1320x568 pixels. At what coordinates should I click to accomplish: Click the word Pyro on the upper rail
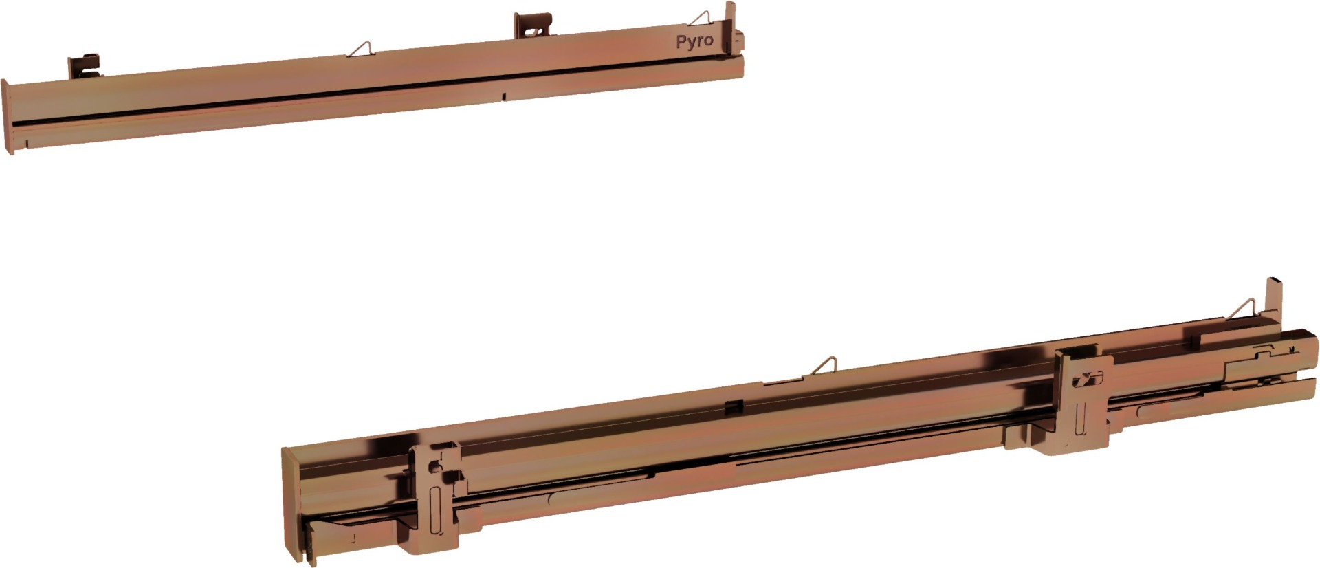tap(694, 42)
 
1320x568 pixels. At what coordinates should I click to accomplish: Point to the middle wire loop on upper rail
tap(362, 49)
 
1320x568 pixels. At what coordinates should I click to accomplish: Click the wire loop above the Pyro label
tap(701, 19)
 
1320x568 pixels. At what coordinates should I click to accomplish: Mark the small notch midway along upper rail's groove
tap(504, 95)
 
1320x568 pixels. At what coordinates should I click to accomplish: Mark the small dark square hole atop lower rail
tap(732, 405)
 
